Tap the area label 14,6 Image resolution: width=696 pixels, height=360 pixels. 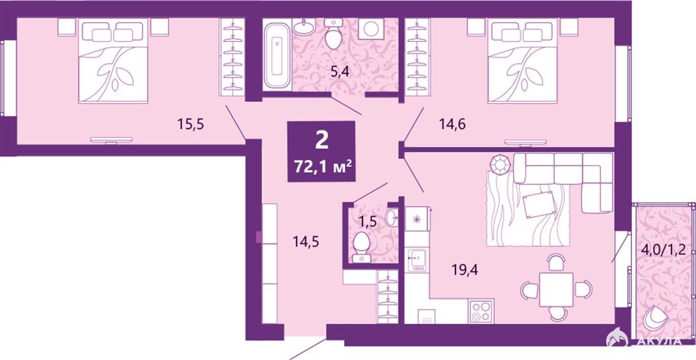(452, 125)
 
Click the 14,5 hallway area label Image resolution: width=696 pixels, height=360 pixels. (306, 242)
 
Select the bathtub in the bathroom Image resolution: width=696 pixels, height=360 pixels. (277, 56)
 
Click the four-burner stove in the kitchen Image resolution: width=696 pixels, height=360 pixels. (481, 311)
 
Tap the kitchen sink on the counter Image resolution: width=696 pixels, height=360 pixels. (417, 260)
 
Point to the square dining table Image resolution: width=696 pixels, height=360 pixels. (556, 289)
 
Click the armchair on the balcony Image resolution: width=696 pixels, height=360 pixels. (656, 318)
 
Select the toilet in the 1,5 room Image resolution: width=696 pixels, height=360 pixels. (361, 247)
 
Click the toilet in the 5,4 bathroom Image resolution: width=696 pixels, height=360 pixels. (333, 34)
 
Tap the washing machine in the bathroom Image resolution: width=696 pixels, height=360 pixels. (371, 29)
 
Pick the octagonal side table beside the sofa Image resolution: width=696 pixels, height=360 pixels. (501, 164)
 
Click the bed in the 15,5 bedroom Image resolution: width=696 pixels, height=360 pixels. (113, 61)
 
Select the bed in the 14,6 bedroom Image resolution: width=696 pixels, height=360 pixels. (522, 61)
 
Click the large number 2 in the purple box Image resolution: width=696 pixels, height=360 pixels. (322, 140)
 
